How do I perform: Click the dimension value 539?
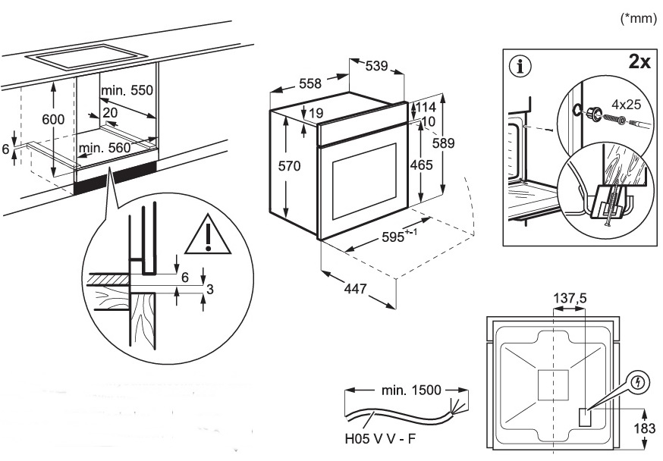(376, 66)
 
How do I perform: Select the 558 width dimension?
(310, 83)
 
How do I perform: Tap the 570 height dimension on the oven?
(289, 165)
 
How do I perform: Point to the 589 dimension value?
(443, 143)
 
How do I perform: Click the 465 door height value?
(421, 165)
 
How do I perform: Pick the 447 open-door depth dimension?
(355, 289)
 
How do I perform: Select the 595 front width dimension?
(399, 236)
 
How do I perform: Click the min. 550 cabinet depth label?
(127, 90)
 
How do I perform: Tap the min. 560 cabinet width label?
(105, 147)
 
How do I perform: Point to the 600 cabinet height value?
(53, 119)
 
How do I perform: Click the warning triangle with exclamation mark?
(208, 234)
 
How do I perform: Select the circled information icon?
(521, 66)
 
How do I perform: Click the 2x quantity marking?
(639, 62)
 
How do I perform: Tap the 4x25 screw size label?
(626, 104)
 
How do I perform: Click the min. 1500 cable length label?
(411, 390)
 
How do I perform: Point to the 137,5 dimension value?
(570, 298)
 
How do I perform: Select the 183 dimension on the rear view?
(644, 428)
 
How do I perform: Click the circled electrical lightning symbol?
(638, 383)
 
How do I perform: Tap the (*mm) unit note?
(638, 19)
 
